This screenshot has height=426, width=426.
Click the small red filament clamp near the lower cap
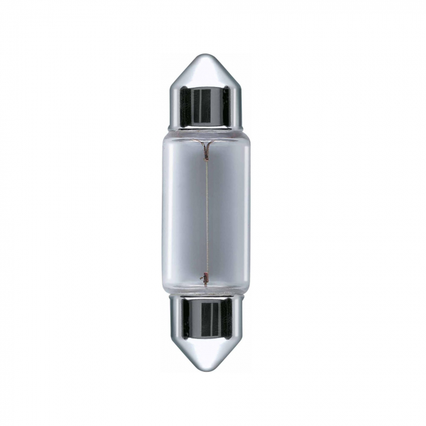point(206,281)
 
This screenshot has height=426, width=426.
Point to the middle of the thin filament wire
point(206,213)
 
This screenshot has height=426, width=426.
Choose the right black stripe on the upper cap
point(226,106)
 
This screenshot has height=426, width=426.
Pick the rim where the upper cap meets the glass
point(206,128)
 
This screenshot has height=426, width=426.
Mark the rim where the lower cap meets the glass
point(206,298)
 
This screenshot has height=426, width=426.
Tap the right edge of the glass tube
point(250,213)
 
